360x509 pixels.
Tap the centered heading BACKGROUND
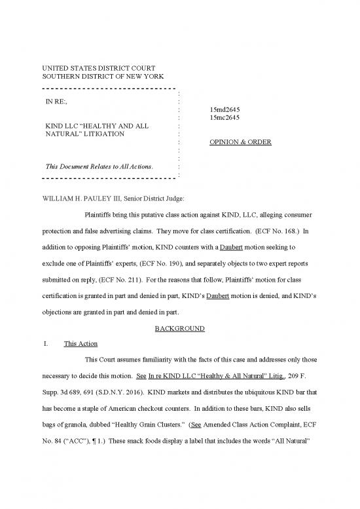coord(179,328)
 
